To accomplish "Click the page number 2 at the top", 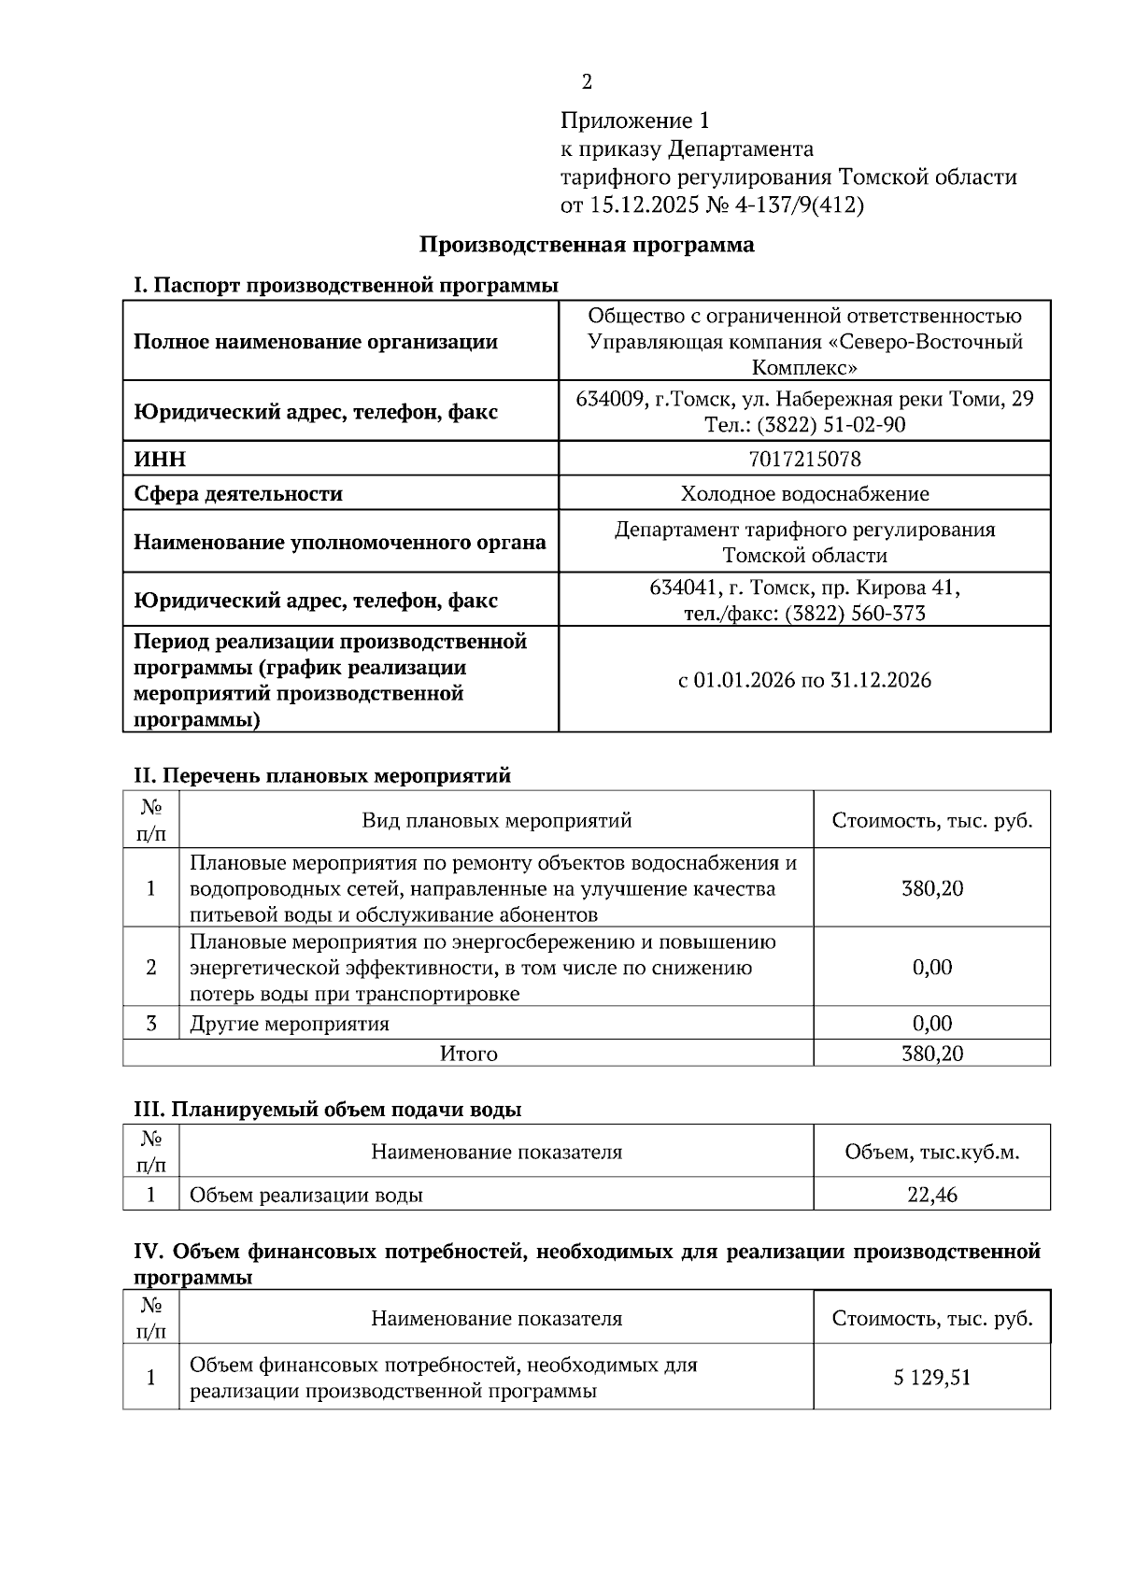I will pos(587,82).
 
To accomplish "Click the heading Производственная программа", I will pos(586,245).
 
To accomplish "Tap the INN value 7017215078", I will pos(804,459).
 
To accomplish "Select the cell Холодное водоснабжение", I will pos(804,493).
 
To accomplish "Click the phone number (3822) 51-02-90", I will pos(830,425).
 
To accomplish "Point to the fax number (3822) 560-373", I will pos(855,614).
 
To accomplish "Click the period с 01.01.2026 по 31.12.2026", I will pos(804,680).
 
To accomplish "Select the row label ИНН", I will pos(160,459).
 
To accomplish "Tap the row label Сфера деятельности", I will pos(238,493).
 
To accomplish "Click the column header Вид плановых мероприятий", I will pos(496,820).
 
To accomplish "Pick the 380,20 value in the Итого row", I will pos(931,1054).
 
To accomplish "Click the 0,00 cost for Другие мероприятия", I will pos(931,1024).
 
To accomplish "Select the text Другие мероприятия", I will pos(290,1024).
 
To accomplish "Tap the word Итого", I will pos(468,1054).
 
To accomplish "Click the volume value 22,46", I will pos(931,1195).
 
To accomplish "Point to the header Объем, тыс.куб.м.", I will pos(931,1152).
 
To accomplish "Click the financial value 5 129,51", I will pos(931,1378).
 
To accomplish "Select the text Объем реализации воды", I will pos(306,1195).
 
